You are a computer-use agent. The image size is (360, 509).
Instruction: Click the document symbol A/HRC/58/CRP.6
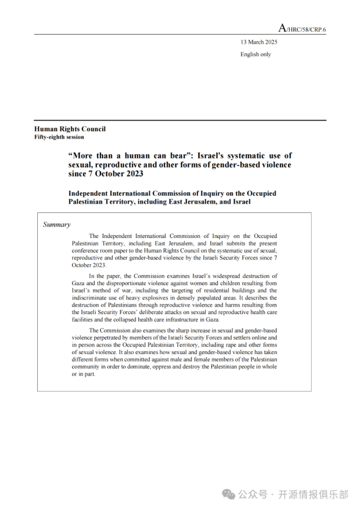point(302,28)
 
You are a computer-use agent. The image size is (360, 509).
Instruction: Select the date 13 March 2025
point(259,42)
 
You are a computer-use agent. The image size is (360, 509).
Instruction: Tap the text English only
point(255,55)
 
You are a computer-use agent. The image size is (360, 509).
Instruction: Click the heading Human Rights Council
point(70,129)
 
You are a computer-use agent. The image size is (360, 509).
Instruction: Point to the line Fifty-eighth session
point(59,137)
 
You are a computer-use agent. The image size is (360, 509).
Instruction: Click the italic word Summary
point(57,225)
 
